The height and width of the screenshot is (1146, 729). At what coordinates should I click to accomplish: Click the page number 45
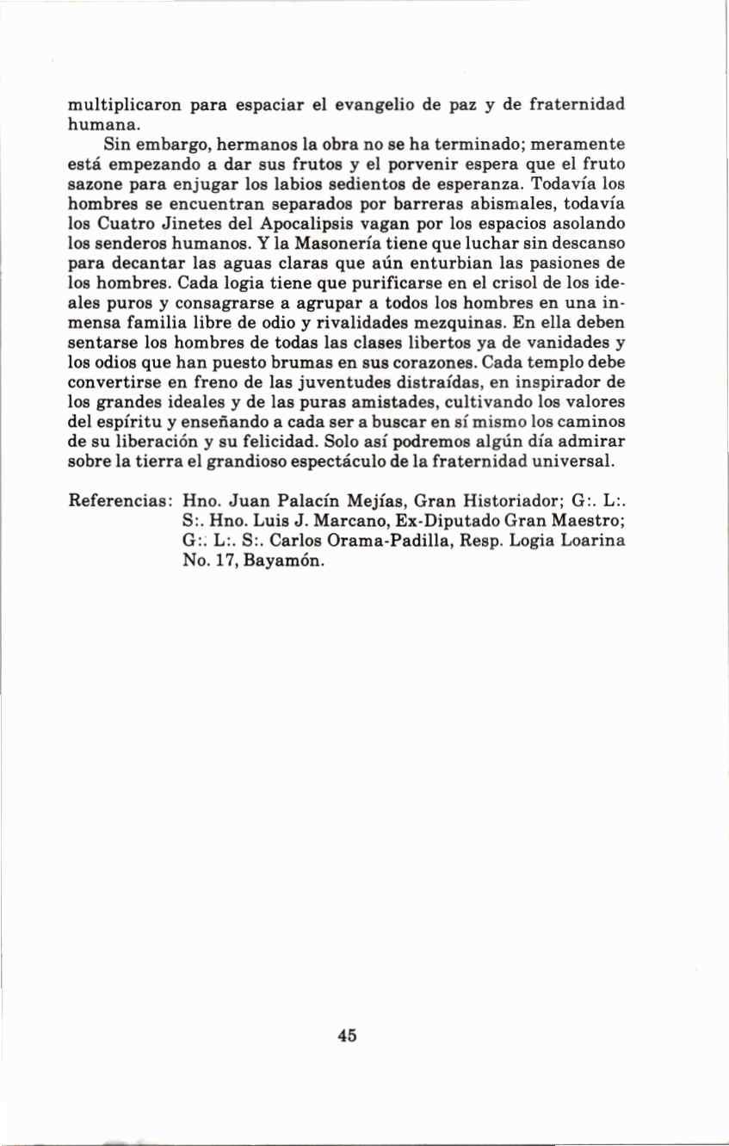click(x=348, y=1036)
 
